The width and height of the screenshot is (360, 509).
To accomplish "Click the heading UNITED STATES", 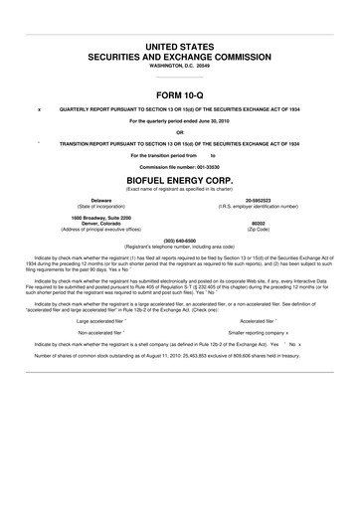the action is coord(179,47).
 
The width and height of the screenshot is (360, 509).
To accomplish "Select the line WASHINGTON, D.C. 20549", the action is coord(179,66).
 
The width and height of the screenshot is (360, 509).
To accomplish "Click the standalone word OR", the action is coord(179,131).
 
